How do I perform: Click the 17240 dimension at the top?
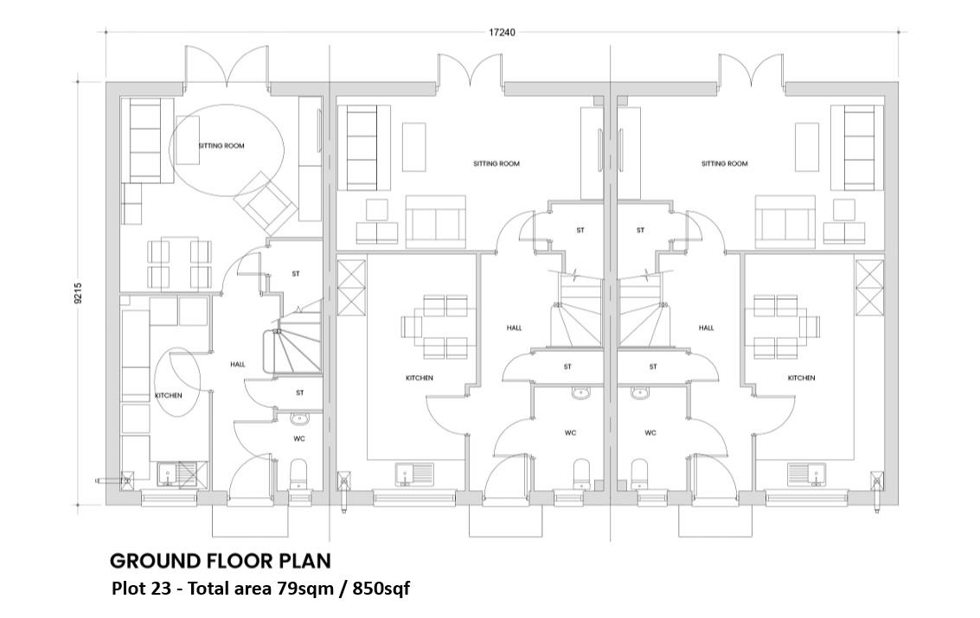(x=502, y=33)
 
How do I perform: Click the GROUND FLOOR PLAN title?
(x=221, y=561)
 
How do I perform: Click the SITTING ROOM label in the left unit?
(x=221, y=146)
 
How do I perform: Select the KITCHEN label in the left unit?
(x=169, y=395)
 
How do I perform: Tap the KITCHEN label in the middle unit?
(x=420, y=378)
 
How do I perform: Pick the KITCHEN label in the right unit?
(x=801, y=378)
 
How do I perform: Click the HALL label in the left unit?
(x=238, y=365)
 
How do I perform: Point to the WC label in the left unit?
(x=299, y=439)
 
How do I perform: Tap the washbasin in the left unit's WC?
(x=299, y=420)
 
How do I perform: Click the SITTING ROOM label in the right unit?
(x=724, y=163)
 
